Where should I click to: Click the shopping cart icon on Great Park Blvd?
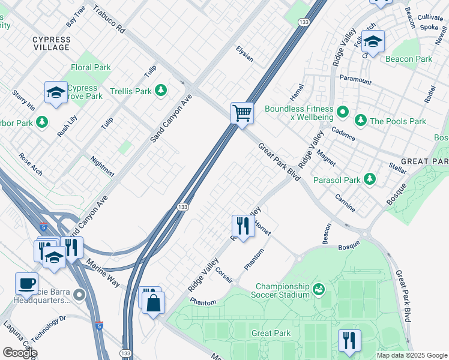(x=242, y=112)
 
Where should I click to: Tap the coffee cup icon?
(x=26, y=283)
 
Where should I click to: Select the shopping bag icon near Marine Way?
(x=154, y=302)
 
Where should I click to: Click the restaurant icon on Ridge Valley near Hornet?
(x=242, y=226)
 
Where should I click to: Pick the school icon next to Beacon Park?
(x=373, y=42)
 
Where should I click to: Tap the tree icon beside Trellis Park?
(x=161, y=91)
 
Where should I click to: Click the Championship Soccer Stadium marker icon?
(x=318, y=290)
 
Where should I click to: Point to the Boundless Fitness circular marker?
(x=342, y=112)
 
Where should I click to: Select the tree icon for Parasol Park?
(x=370, y=179)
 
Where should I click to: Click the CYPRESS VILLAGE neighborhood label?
(x=51, y=44)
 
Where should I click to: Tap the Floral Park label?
(x=91, y=67)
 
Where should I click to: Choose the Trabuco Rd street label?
(x=109, y=20)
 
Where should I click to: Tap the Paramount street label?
(x=355, y=80)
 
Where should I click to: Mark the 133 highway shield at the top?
(x=304, y=22)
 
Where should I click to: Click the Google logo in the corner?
(x=20, y=352)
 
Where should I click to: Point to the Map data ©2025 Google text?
(x=411, y=355)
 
